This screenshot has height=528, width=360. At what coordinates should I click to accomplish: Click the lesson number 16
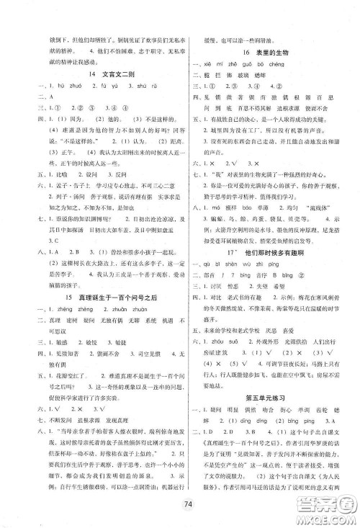pyautogui.click(x=246, y=53)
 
